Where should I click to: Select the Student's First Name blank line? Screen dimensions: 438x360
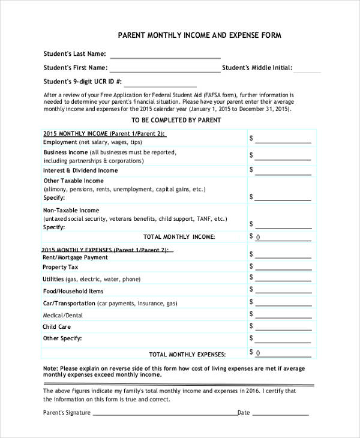tap(164, 69)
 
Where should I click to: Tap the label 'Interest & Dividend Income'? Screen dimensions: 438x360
tap(80, 170)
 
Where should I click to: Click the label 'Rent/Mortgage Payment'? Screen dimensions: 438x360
tap(76, 257)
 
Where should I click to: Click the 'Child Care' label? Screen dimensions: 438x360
tap(57, 327)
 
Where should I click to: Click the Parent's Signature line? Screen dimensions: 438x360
tap(164, 413)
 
